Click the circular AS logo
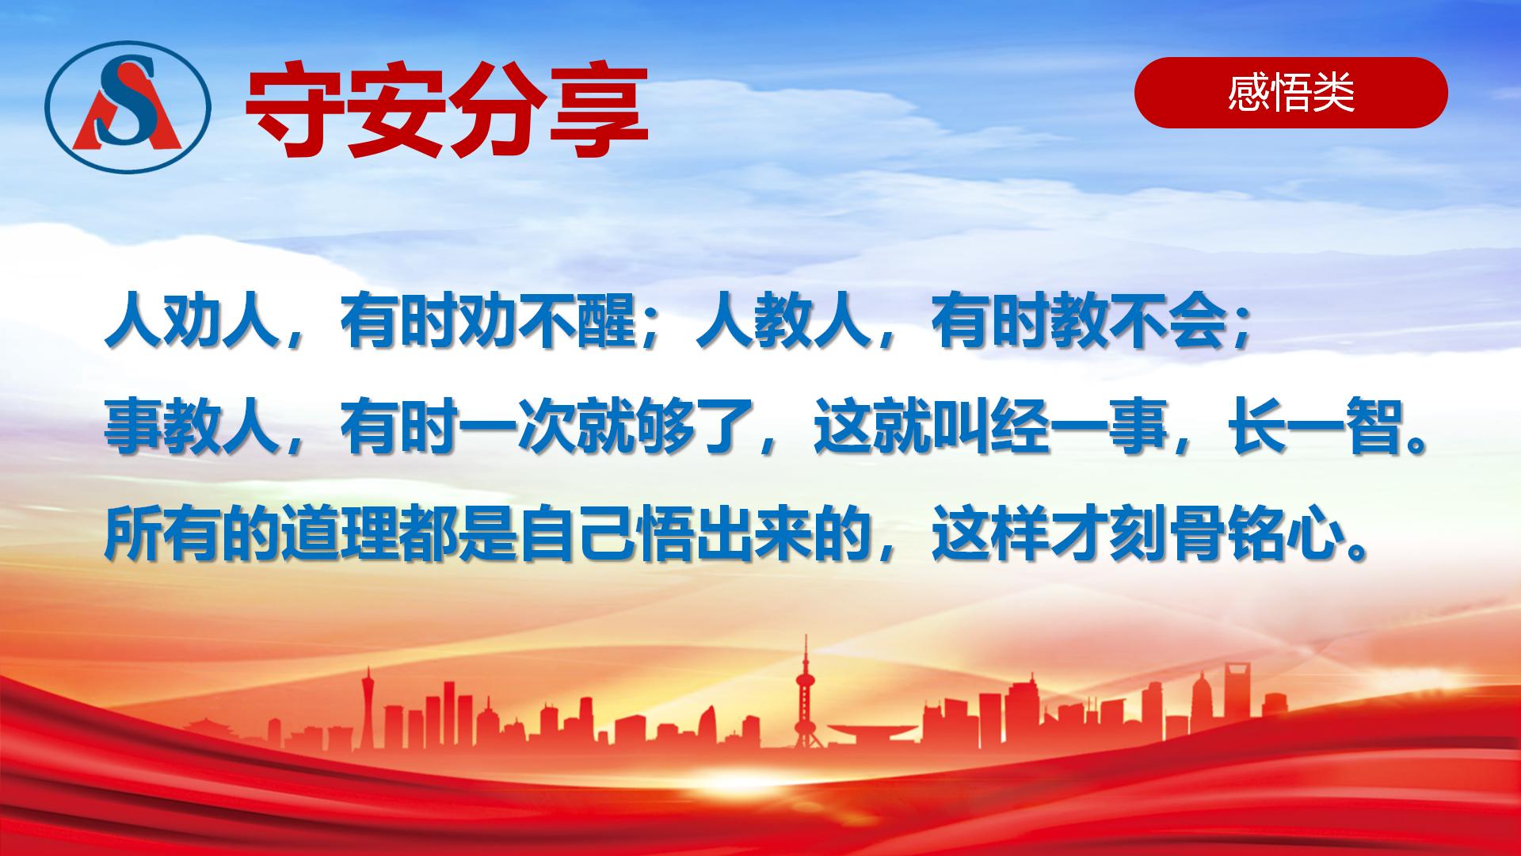(x=128, y=108)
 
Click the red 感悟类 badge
(x=1291, y=93)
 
